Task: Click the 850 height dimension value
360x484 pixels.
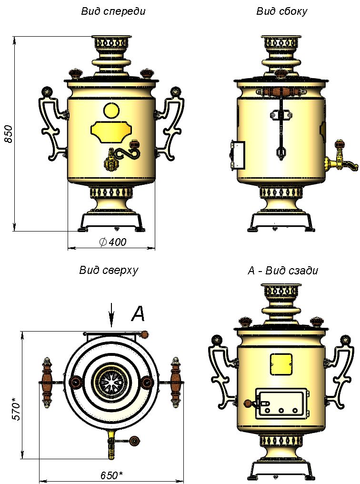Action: click(9, 134)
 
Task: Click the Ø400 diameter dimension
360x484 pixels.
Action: click(113, 242)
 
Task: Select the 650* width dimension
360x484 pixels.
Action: click(111, 475)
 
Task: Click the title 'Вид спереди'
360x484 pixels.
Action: click(113, 11)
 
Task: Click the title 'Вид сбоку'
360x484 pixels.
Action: click(281, 11)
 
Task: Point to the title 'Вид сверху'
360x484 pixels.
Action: click(109, 271)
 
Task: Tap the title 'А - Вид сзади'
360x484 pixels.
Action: click(282, 271)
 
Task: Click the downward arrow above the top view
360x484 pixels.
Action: click(112, 315)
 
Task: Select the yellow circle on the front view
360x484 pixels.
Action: click(111, 111)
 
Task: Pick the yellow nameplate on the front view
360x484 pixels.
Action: click(111, 132)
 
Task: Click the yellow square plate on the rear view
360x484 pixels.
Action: click(281, 364)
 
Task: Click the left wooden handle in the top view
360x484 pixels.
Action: click(47, 383)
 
